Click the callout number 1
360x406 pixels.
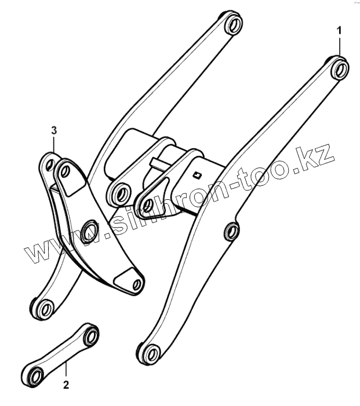tap(340, 28)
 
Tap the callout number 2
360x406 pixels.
tap(66, 383)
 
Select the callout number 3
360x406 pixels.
tap(53, 128)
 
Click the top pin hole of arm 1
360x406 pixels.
tap(341, 68)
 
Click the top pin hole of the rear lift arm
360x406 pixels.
tap(233, 25)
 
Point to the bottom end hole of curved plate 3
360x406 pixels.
tap(136, 284)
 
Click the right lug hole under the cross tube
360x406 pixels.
tap(147, 204)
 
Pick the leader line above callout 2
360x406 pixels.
tap(66, 368)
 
